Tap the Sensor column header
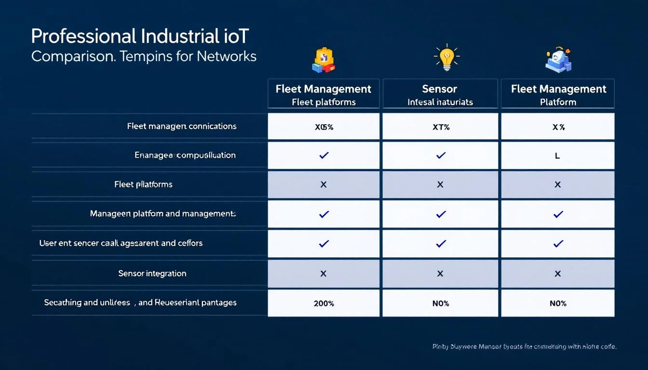[440, 94]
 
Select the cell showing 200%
[324, 304]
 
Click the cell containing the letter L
[557, 156]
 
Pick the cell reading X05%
[324, 127]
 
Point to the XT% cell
[440, 127]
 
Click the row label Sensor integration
[152, 273]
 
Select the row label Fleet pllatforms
[143, 185]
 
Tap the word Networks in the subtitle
[226, 56]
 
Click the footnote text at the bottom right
[525, 346]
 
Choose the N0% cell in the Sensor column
[440, 304]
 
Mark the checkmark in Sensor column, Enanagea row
[440, 156]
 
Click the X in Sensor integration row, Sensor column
[440, 273]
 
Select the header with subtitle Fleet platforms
[324, 94]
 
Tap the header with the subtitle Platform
[558, 94]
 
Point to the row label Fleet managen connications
[181, 126]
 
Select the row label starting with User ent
[121, 243]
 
